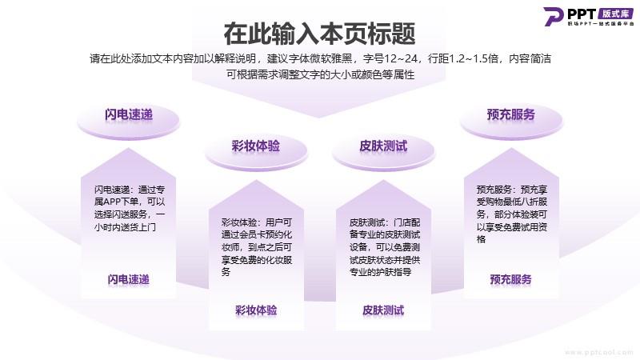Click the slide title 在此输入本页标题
pyautogui.click(x=319, y=34)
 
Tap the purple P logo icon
pyautogui.click(x=554, y=16)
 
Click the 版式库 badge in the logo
pyautogui.click(x=615, y=14)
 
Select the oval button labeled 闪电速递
pyautogui.click(x=129, y=119)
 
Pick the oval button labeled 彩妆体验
pyautogui.click(x=256, y=151)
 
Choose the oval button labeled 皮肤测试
pyautogui.click(x=383, y=151)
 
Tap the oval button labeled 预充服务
pyautogui.click(x=511, y=119)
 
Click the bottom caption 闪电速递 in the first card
pyautogui.click(x=129, y=279)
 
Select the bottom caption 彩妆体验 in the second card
pyautogui.click(x=256, y=310)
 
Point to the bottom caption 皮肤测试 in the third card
pyautogui.click(x=383, y=310)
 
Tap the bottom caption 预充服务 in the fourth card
pyautogui.click(x=511, y=279)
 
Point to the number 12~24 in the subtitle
pyautogui.click(x=400, y=58)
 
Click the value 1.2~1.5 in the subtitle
pyautogui.click(x=466, y=58)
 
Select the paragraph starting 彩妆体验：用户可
pyautogui.click(x=257, y=247)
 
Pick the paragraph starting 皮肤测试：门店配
pyautogui.click(x=385, y=247)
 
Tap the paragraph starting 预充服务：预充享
pyautogui.click(x=512, y=214)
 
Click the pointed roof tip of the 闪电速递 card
pyautogui.click(x=129, y=149)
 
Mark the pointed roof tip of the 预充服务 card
pyautogui.click(x=511, y=149)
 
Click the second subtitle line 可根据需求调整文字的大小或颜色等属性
pyautogui.click(x=321, y=74)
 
